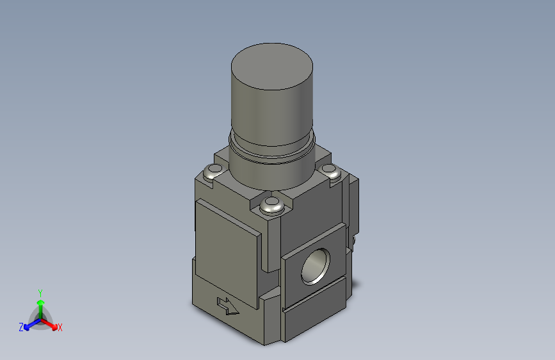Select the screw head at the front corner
[x=271, y=206]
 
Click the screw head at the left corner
[x=212, y=172]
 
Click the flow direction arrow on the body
[x=228, y=306]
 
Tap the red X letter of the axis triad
[x=60, y=328]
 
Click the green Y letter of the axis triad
[x=40, y=291]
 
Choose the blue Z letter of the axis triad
[x=21, y=327]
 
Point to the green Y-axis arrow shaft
[x=40, y=306]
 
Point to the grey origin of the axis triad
[x=40, y=318]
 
